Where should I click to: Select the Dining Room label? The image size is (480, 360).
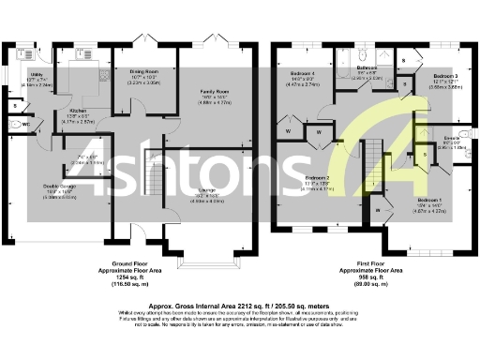(x=142, y=71)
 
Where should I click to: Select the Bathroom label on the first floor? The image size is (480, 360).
(x=367, y=67)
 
